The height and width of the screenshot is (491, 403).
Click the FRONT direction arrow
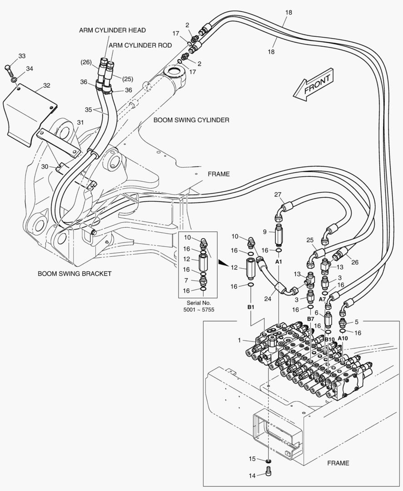click(313, 85)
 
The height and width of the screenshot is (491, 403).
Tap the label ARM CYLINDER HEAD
click(112, 30)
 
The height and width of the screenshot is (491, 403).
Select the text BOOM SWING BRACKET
click(75, 274)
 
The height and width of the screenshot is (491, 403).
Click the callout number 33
click(22, 56)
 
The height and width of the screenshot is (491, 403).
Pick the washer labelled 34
click(15, 80)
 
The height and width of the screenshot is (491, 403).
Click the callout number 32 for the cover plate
click(47, 85)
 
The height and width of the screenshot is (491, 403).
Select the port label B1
click(251, 307)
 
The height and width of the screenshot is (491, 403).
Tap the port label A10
click(343, 338)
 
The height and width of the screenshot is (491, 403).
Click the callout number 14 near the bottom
click(252, 476)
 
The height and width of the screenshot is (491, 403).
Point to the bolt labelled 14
click(268, 471)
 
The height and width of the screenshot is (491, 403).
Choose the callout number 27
click(278, 195)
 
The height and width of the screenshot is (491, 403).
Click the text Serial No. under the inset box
click(199, 303)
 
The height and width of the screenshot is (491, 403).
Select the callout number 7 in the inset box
click(186, 280)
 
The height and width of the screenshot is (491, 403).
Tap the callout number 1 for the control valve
click(240, 340)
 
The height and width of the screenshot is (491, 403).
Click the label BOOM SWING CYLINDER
click(191, 120)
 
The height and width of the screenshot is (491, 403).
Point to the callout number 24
click(268, 299)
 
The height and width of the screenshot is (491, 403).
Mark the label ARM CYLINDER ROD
click(140, 45)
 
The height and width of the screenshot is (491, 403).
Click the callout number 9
click(265, 232)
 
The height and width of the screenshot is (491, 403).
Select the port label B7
click(310, 319)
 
